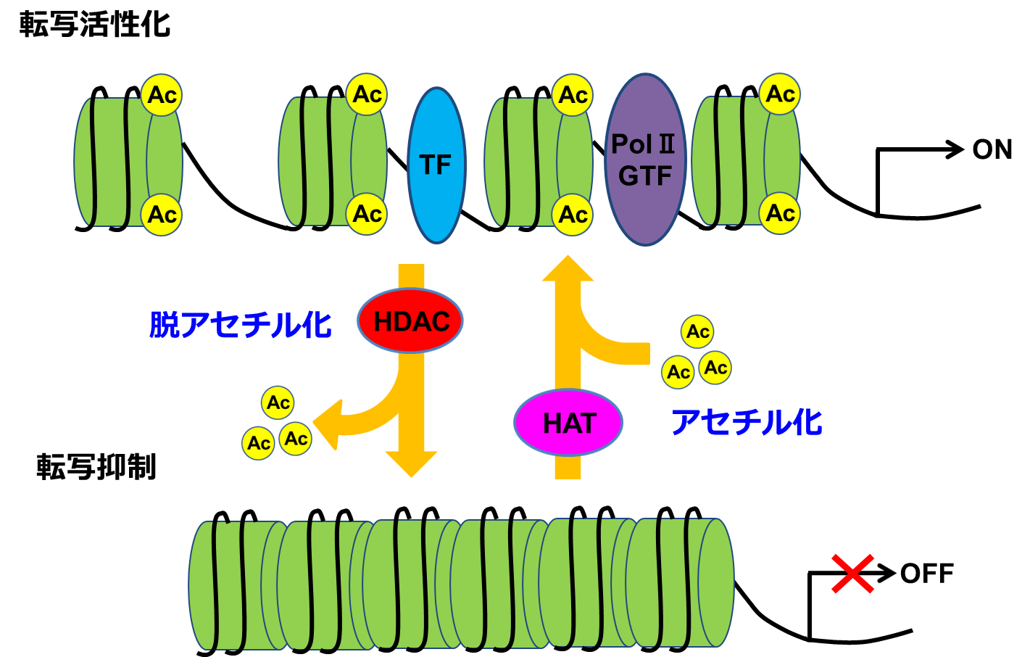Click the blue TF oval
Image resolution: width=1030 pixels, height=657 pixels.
pos(436,165)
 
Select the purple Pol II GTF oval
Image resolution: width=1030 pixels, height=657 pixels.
pos(644,160)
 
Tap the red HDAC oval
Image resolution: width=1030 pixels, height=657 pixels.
pos(411,321)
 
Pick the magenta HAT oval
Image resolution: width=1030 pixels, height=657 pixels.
pos(568,423)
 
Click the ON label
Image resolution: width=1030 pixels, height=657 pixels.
pos(992,149)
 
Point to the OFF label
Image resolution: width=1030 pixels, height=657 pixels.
pos(927,574)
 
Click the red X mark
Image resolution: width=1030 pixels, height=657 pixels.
pos(852,573)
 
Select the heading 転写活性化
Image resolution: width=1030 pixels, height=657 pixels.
pos(95,25)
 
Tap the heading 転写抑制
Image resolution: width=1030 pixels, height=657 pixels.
pos(96,466)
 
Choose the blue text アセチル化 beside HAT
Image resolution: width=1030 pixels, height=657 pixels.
pos(747,422)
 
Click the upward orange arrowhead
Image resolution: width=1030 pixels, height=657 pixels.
pos(568,268)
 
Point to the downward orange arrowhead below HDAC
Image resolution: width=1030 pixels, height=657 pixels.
pos(411,464)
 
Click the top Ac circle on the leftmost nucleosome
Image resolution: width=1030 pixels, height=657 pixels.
pos(162,95)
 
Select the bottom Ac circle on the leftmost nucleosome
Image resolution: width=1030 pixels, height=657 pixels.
pos(162,215)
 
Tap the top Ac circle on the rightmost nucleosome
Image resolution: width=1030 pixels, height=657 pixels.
pos(780,94)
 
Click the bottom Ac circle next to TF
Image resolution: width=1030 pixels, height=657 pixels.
pos(367,214)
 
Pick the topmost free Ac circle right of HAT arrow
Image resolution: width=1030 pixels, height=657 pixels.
pos(697,331)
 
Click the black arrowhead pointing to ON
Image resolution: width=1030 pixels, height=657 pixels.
pos(955,149)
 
